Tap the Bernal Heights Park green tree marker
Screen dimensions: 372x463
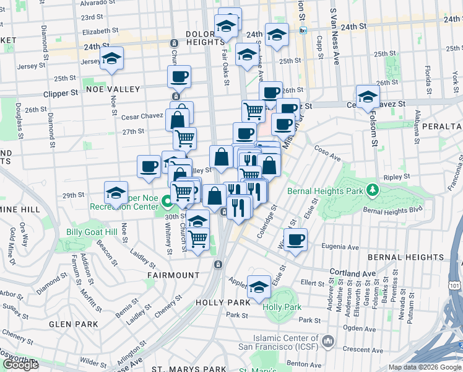click(x=372, y=188)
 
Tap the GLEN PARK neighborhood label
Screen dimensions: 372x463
click(x=74, y=324)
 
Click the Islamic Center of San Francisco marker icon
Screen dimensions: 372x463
click(x=327, y=341)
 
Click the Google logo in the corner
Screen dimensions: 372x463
click(x=20, y=365)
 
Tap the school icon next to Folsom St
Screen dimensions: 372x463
click(x=368, y=97)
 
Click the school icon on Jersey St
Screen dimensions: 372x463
click(x=111, y=60)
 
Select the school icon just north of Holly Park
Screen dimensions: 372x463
click(x=259, y=287)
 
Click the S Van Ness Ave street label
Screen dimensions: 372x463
click(x=335, y=37)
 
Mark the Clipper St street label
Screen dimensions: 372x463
click(x=61, y=93)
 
